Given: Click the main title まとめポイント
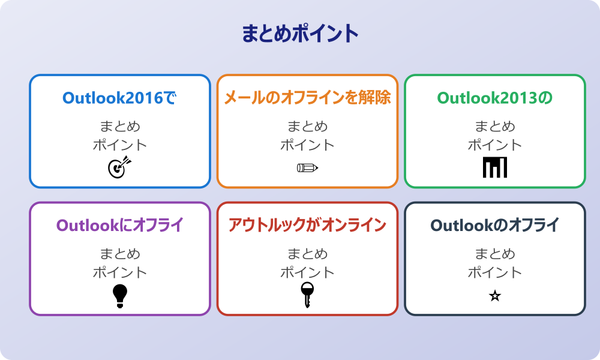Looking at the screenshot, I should (x=300, y=34).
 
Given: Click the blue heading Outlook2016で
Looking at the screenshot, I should (x=119, y=98).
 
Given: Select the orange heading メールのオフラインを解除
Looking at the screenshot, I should (x=307, y=98).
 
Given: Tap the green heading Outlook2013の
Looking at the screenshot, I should (x=494, y=98).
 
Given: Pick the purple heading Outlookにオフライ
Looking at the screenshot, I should (x=119, y=226).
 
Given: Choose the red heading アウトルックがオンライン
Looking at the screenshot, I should (x=307, y=226).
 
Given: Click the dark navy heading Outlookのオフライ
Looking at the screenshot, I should (x=494, y=226).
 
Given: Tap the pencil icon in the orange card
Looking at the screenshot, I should (x=307, y=167).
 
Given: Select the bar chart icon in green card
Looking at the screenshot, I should (x=494, y=167).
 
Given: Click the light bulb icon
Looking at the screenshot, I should (x=120, y=295).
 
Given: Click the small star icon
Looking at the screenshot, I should (x=494, y=296).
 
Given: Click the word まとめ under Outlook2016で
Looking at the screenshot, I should (x=119, y=127).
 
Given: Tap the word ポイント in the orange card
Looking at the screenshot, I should (x=307, y=145).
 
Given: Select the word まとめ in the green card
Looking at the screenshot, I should (x=494, y=127).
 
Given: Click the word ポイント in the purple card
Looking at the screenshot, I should (x=119, y=272).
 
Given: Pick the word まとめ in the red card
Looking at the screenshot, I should (x=307, y=254).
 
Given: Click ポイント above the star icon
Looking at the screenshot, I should (x=494, y=272).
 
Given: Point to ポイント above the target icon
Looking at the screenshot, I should (x=119, y=145).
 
